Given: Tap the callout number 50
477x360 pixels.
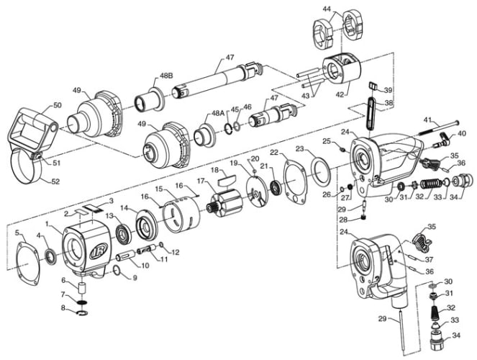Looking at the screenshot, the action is click(58, 105).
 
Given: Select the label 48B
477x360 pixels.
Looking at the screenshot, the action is click(166, 76).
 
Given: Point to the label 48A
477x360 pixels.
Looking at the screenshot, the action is click(217, 113).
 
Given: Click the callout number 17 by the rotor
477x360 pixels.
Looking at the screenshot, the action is click(201, 181).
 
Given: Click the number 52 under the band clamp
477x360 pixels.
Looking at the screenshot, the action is click(55, 181).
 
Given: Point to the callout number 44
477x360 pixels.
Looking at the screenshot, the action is click(327, 9).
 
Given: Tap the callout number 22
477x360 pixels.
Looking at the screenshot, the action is click(275, 152).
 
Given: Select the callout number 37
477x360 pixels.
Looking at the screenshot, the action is click(429, 260).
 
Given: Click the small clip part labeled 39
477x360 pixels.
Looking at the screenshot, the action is click(373, 86).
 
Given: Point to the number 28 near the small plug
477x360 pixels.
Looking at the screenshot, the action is click(343, 220).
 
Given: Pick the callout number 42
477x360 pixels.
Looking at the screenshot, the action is click(340, 94).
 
